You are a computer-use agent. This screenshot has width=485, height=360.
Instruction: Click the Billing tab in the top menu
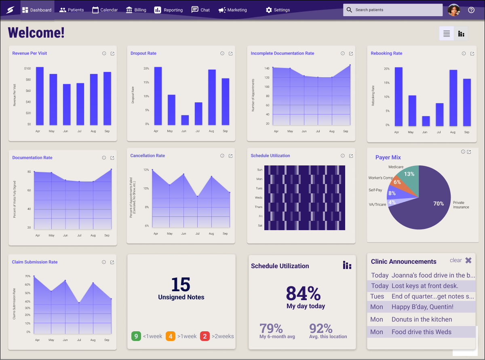pyautogui.click(x=135, y=10)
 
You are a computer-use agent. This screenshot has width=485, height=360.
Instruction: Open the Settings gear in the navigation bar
pyautogui.click(x=278, y=10)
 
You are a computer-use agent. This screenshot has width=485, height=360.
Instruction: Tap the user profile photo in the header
pyautogui.click(x=454, y=10)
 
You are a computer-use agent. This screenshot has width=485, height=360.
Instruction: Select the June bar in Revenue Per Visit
pyautogui.click(x=67, y=104)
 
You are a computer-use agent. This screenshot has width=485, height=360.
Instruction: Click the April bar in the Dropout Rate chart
pyautogui.click(x=158, y=96)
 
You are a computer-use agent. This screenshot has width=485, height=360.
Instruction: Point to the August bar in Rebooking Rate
pyautogui.click(x=453, y=98)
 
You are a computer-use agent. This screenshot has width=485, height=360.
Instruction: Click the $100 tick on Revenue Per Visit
pyautogui.click(x=27, y=68)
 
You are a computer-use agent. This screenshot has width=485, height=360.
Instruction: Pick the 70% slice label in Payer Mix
pyautogui.click(x=439, y=203)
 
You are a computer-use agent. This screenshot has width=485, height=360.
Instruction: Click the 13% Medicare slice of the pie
pyautogui.click(x=409, y=174)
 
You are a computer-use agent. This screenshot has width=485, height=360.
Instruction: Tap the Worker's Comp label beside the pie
pyautogui.click(x=380, y=178)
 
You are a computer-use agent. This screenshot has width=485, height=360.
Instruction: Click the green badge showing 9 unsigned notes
pyautogui.click(x=136, y=336)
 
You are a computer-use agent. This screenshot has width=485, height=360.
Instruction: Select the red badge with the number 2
pyautogui.click(x=205, y=336)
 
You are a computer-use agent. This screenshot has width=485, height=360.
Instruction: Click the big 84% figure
pyautogui.click(x=303, y=293)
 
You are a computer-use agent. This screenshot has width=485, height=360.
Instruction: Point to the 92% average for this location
pyautogui.click(x=321, y=328)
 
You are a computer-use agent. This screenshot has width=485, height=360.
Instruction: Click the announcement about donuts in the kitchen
pyautogui.click(x=422, y=320)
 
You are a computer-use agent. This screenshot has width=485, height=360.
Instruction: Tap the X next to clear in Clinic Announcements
pyautogui.click(x=468, y=260)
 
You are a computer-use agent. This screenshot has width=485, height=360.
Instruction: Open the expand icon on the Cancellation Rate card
pyautogui.click(x=230, y=156)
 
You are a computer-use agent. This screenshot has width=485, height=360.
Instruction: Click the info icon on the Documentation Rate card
pyautogui.click(x=104, y=158)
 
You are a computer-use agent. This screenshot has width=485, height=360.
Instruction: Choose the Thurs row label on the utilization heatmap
pyautogui.click(x=258, y=207)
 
